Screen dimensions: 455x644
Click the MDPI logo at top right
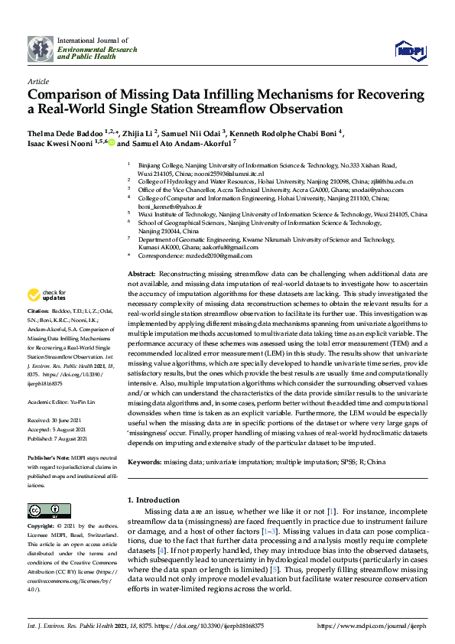pos(409,50)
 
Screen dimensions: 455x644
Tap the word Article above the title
pos(38,80)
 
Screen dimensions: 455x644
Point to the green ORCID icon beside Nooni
pos(111,142)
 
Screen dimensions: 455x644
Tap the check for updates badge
pos(46,294)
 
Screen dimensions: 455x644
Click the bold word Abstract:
pos(141,273)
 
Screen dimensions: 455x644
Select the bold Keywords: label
pos(145,462)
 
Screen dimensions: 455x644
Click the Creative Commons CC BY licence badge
pos(39,510)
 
